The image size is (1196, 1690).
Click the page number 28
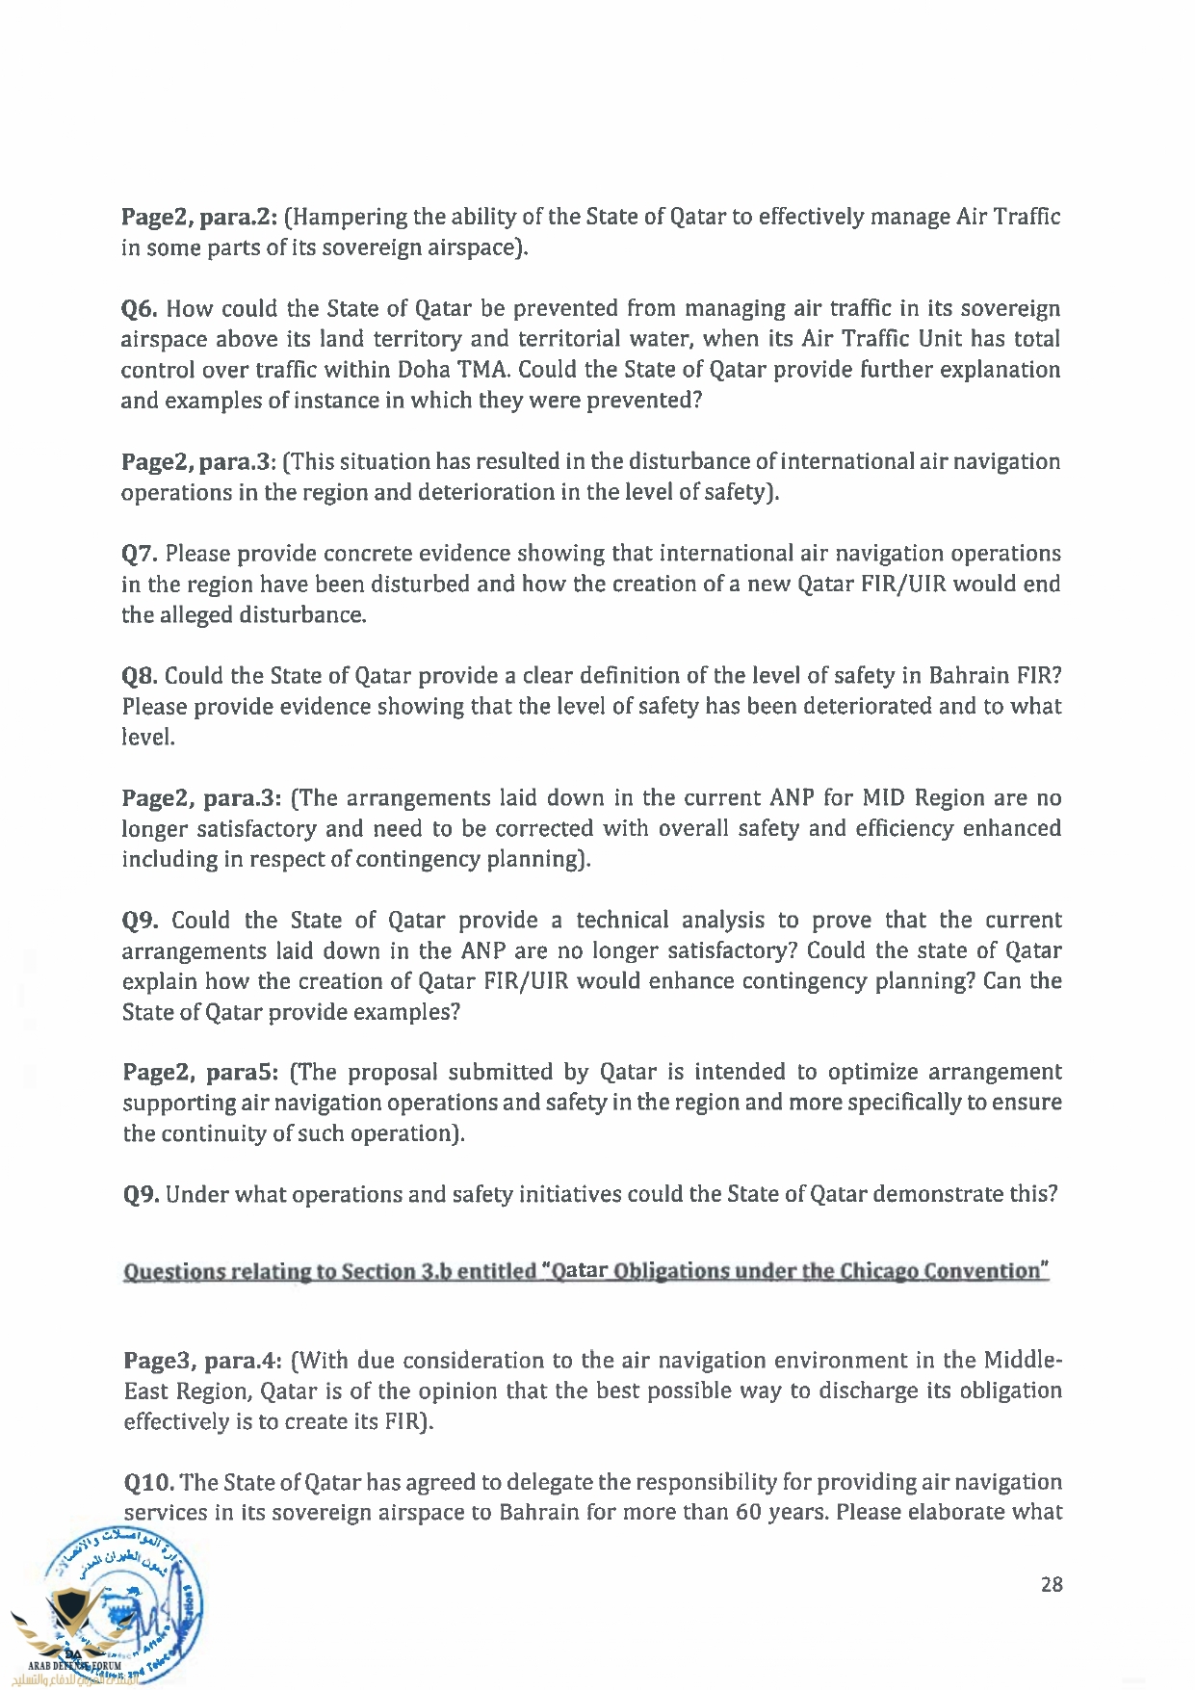click(x=1052, y=1584)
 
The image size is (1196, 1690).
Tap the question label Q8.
click(x=140, y=676)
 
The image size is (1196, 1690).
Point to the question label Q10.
click(x=147, y=1482)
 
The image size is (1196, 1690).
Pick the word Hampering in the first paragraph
click(x=348, y=217)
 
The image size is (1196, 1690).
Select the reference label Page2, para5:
click(x=201, y=1073)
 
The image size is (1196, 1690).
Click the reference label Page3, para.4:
click(x=202, y=1361)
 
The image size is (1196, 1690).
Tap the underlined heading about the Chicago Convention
click(x=585, y=1271)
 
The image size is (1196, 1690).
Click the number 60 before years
click(x=749, y=1512)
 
